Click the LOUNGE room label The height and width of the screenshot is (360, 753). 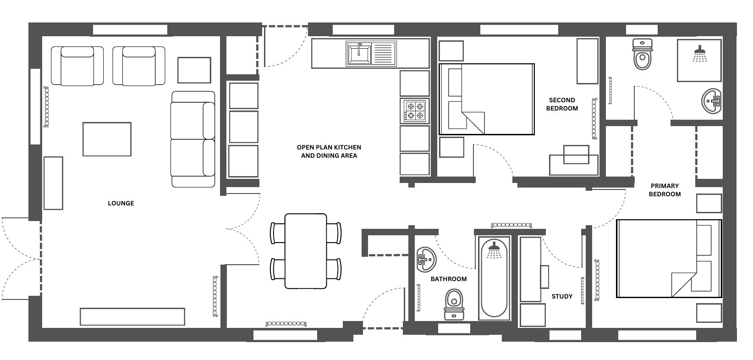[121, 203]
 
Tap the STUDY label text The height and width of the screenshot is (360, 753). [562, 296]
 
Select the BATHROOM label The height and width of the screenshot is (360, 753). [448, 279]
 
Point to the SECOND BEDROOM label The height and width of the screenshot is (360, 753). [562, 104]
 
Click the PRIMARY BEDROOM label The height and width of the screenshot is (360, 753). [665, 190]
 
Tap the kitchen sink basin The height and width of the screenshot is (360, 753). [359, 54]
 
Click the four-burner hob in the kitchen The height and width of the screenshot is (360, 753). [415, 111]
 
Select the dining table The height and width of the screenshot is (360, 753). [306, 251]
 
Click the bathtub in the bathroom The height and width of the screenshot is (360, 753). [494, 278]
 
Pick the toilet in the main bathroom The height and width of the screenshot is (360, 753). [454, 305]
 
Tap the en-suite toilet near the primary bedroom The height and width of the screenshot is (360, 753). [643, 54]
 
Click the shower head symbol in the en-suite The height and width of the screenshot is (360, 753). [700, 54]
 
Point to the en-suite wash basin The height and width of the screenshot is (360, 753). [711, 101]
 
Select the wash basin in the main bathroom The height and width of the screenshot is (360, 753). [427, 260]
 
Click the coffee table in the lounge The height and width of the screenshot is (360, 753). [107, 139]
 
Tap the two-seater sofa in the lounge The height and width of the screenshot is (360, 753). [193, 139]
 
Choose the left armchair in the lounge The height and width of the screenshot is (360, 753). [77, 66]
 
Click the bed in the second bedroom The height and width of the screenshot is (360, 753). [487, 99]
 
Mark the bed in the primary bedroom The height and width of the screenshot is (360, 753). [669, 258]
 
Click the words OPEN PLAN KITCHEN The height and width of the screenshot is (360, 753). [329, 147]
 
